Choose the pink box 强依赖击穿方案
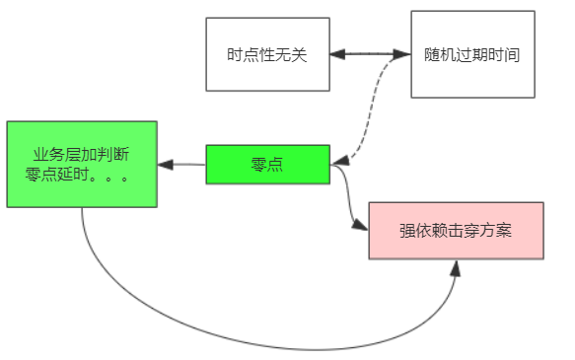click(x=456, y=230)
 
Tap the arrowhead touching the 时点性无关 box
click(x=337, y=54)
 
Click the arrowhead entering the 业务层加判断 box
click(x=165, y=164)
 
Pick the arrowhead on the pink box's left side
click(x=361, y=227)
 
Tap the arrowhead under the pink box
click(x=456, y=266)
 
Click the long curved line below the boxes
click(x=266, y=347)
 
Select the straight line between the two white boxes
click(x=370, y=54)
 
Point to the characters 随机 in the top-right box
click(x=436, y=55)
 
